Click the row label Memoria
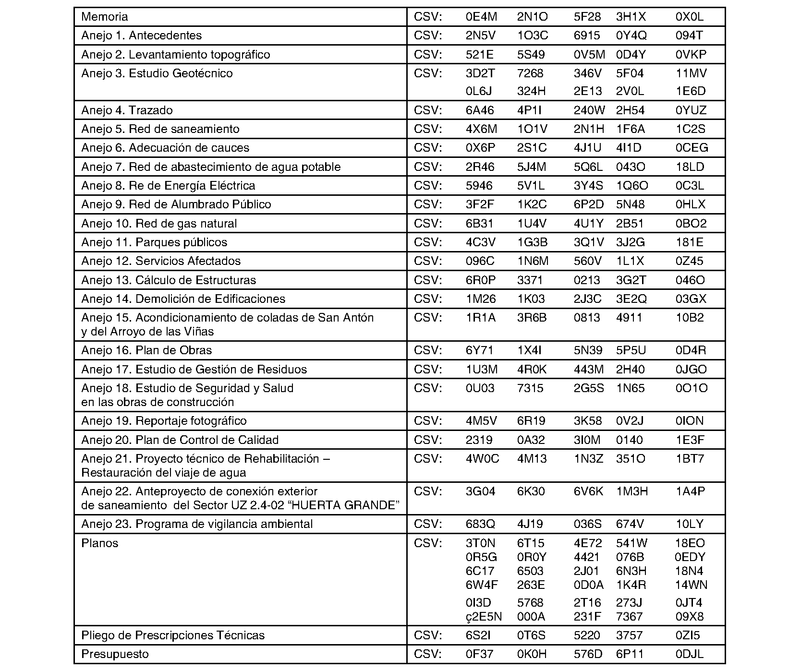pos(104,17)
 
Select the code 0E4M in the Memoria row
pos(481,17)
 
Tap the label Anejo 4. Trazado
pos(127,110)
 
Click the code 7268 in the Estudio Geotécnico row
pos(530,73)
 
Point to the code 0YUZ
pos(691,110)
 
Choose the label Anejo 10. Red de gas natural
pos(159,224)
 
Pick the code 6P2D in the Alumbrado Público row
pos(589,204)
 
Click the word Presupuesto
pos(115,654)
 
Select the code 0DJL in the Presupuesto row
pos(690,654)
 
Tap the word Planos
pos(99,543)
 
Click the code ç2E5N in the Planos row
pos(484,617)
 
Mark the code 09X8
pos(690,617)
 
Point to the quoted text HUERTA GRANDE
pos(357,506)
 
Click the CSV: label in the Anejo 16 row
pos(427,350)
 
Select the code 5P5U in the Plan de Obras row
pos(631,350)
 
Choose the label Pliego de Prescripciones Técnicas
pos(173,635)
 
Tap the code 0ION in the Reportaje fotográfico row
pos(690,421)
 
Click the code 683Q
pos(480,524)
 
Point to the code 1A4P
pos(690,491)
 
